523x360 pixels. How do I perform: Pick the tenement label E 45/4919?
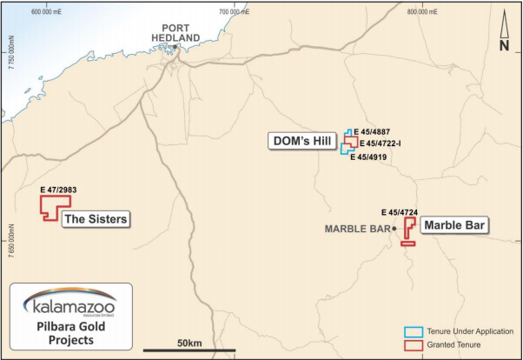pos(367,157)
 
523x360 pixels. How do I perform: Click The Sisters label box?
pos(96,220)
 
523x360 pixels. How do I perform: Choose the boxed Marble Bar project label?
pos(454,224)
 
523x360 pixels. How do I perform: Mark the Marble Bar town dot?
pos(394,229)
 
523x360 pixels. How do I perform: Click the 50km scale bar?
pos(189,350)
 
